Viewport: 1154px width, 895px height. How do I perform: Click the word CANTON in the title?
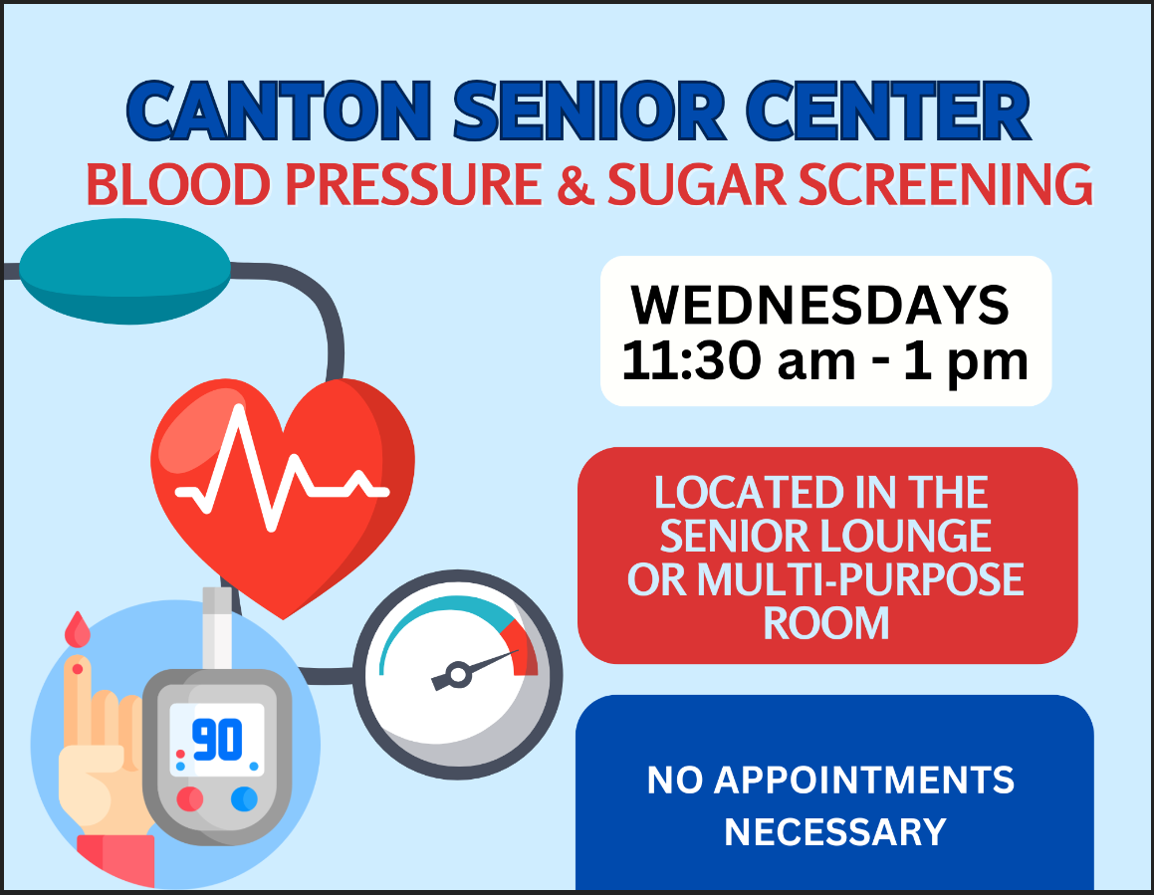[x=279, y=111]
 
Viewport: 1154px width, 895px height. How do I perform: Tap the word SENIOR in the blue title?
[x=589, y=111]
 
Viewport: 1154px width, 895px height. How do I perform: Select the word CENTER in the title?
[x=888, y=111]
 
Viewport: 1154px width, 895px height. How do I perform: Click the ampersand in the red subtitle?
[x=575, y=184]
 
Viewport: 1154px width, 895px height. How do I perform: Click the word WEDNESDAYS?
[x=819, y=305]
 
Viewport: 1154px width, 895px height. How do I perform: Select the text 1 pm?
[x=966, y=362]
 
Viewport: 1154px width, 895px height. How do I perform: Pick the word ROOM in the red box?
[x=825, y=623]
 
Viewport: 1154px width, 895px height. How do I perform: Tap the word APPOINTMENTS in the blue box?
[x=864, y=781]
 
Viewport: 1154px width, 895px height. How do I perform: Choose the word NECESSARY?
[x=835, y=832]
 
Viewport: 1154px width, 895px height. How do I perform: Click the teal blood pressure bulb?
[x=125, y=271]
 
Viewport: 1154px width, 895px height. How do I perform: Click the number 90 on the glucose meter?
[x=217, y=740]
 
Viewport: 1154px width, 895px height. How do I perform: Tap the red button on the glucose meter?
[x=190, y=798]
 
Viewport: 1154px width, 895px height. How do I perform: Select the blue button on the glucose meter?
[x=244, y=798]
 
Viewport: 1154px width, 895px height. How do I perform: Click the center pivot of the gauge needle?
[x=458, y=673]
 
